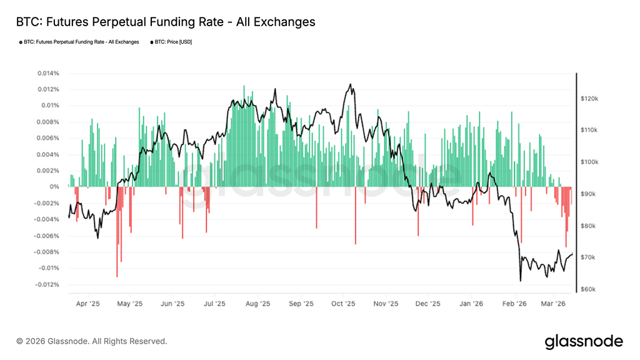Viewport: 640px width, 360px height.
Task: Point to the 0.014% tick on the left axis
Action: click(48, 73)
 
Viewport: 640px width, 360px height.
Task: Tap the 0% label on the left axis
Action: click(55, 187)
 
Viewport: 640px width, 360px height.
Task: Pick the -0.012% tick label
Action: click(47, 284)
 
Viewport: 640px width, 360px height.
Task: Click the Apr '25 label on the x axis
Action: click(88, 304)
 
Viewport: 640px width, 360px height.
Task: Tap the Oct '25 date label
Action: click(343, 304)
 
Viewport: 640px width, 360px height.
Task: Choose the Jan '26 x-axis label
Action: click(471, 304)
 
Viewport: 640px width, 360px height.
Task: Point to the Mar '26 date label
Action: click(552, 304)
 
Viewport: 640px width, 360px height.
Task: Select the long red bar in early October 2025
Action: click(355, 215)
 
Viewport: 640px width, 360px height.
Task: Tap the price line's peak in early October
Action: click(351, 84)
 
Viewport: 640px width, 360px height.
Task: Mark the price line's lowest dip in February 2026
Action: click(520, 281)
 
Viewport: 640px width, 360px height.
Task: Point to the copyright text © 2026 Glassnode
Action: click(92, 341)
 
